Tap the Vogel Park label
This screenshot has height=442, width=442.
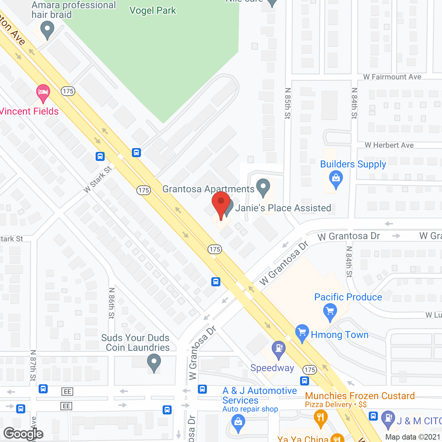tap(153, 11)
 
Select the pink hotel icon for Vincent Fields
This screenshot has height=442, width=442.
tap(43, 93)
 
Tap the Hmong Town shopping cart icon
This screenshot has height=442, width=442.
tap(302, 333)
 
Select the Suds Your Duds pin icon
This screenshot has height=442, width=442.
tap(154, 363)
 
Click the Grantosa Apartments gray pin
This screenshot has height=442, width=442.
tap(263, 187)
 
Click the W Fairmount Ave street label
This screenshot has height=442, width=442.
tap(392, 77)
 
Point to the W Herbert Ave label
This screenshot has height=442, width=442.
tap(389, 145)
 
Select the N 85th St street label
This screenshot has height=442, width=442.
tap(288, 103)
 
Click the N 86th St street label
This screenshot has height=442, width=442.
tap(112, 303)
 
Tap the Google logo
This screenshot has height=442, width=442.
tap(23, 434)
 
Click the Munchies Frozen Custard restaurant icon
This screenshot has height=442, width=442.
tap(321, 418)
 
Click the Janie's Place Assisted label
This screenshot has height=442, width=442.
tap(283, 208)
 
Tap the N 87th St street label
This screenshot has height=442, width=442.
tap(33, 365)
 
